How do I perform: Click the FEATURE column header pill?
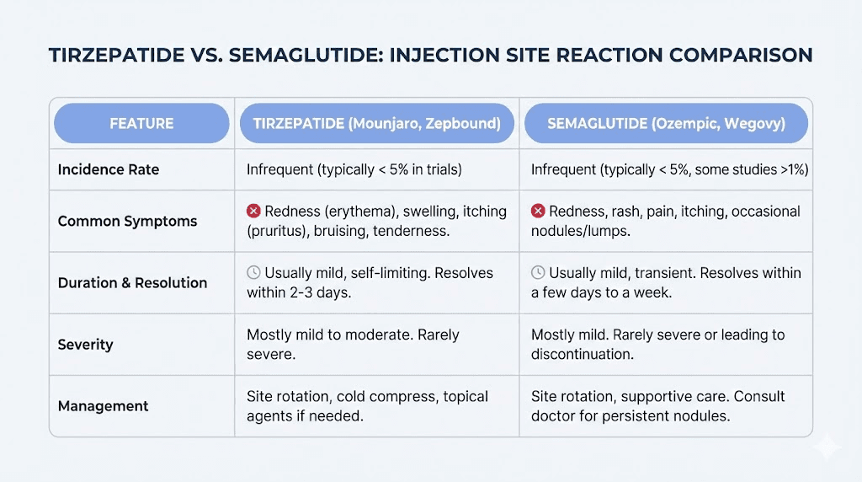(141, 123)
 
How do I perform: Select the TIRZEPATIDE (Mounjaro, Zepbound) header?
(376, 123)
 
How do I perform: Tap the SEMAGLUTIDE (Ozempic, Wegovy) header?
(666, 123)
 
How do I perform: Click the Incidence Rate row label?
(108, 169)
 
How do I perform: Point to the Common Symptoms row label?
(127, 222)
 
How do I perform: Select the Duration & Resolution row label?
(132, 282)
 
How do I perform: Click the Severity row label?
(85, 344)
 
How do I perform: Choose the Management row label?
(103, 405)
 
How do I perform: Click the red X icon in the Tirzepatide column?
(253, 211)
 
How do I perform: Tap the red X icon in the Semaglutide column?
(538, 211)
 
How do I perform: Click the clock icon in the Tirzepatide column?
(253, 272)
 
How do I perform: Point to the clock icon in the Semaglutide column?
(538, 272)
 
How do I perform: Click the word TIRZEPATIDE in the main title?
(116, 55)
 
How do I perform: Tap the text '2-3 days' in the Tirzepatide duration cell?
(322, 292)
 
